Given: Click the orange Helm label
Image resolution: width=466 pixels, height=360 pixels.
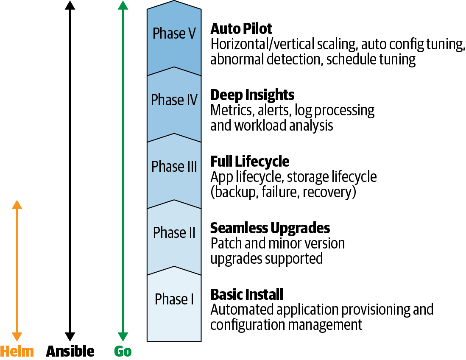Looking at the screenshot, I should [x=17, y=351].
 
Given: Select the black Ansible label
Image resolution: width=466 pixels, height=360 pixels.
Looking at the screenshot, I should [x=70, y=351].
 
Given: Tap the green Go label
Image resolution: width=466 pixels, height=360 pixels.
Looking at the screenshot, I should [x=123, y=351].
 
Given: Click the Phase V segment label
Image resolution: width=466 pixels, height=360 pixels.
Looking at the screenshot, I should [x=174, y=33].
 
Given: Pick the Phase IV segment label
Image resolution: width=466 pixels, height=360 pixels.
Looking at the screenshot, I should [x=174, y=100].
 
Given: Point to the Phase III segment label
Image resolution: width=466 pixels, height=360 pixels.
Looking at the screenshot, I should [x=174, y=166].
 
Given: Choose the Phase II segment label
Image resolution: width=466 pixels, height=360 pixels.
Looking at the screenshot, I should [x=174, y=232].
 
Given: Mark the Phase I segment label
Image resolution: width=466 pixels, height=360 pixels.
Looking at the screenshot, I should [x=174, y=299].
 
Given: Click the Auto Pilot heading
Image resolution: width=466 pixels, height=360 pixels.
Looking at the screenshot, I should [x=241, y=29].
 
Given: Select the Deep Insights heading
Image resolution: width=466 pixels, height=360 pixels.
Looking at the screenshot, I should [x=252, y=95].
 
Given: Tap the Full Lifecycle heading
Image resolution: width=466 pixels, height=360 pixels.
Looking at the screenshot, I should [x=250, y=161].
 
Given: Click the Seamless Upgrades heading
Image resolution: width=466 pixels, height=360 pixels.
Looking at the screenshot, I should [x=270, y=228].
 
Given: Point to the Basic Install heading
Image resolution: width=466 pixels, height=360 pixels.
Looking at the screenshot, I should [x=247, y=294].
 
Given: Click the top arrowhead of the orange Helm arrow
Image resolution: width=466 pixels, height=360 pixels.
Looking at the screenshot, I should [x=17, y=204].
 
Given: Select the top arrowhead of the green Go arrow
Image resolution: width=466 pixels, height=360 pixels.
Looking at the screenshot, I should [x=123, y=6].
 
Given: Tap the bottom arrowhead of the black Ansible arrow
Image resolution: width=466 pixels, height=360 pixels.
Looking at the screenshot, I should [x=70, y=337].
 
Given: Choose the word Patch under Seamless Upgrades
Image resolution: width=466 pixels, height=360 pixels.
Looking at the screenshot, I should [x=225, y=243].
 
